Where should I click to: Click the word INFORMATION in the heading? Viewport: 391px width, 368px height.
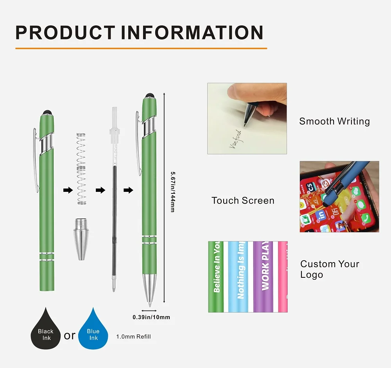pos(192,32)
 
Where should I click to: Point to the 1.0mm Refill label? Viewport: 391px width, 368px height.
pos(133,337)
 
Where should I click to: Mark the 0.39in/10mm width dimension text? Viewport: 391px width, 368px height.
pos(151,317)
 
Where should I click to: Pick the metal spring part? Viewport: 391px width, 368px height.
pos(81,169)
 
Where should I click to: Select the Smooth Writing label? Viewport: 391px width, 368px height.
pos(334,121)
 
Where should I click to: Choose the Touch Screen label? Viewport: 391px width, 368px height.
pos(243,201)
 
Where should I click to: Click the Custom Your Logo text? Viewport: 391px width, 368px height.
pos(329,269)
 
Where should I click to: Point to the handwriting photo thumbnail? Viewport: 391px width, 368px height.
pos(247,118)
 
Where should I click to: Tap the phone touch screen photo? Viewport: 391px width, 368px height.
pos(339,197)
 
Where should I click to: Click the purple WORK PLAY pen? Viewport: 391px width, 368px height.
pos(265,277)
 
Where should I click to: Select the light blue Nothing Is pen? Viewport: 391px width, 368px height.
pos(240,277)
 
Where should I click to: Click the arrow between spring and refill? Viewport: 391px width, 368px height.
pos(100,190)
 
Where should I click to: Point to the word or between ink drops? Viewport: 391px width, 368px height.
pos(70,335)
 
